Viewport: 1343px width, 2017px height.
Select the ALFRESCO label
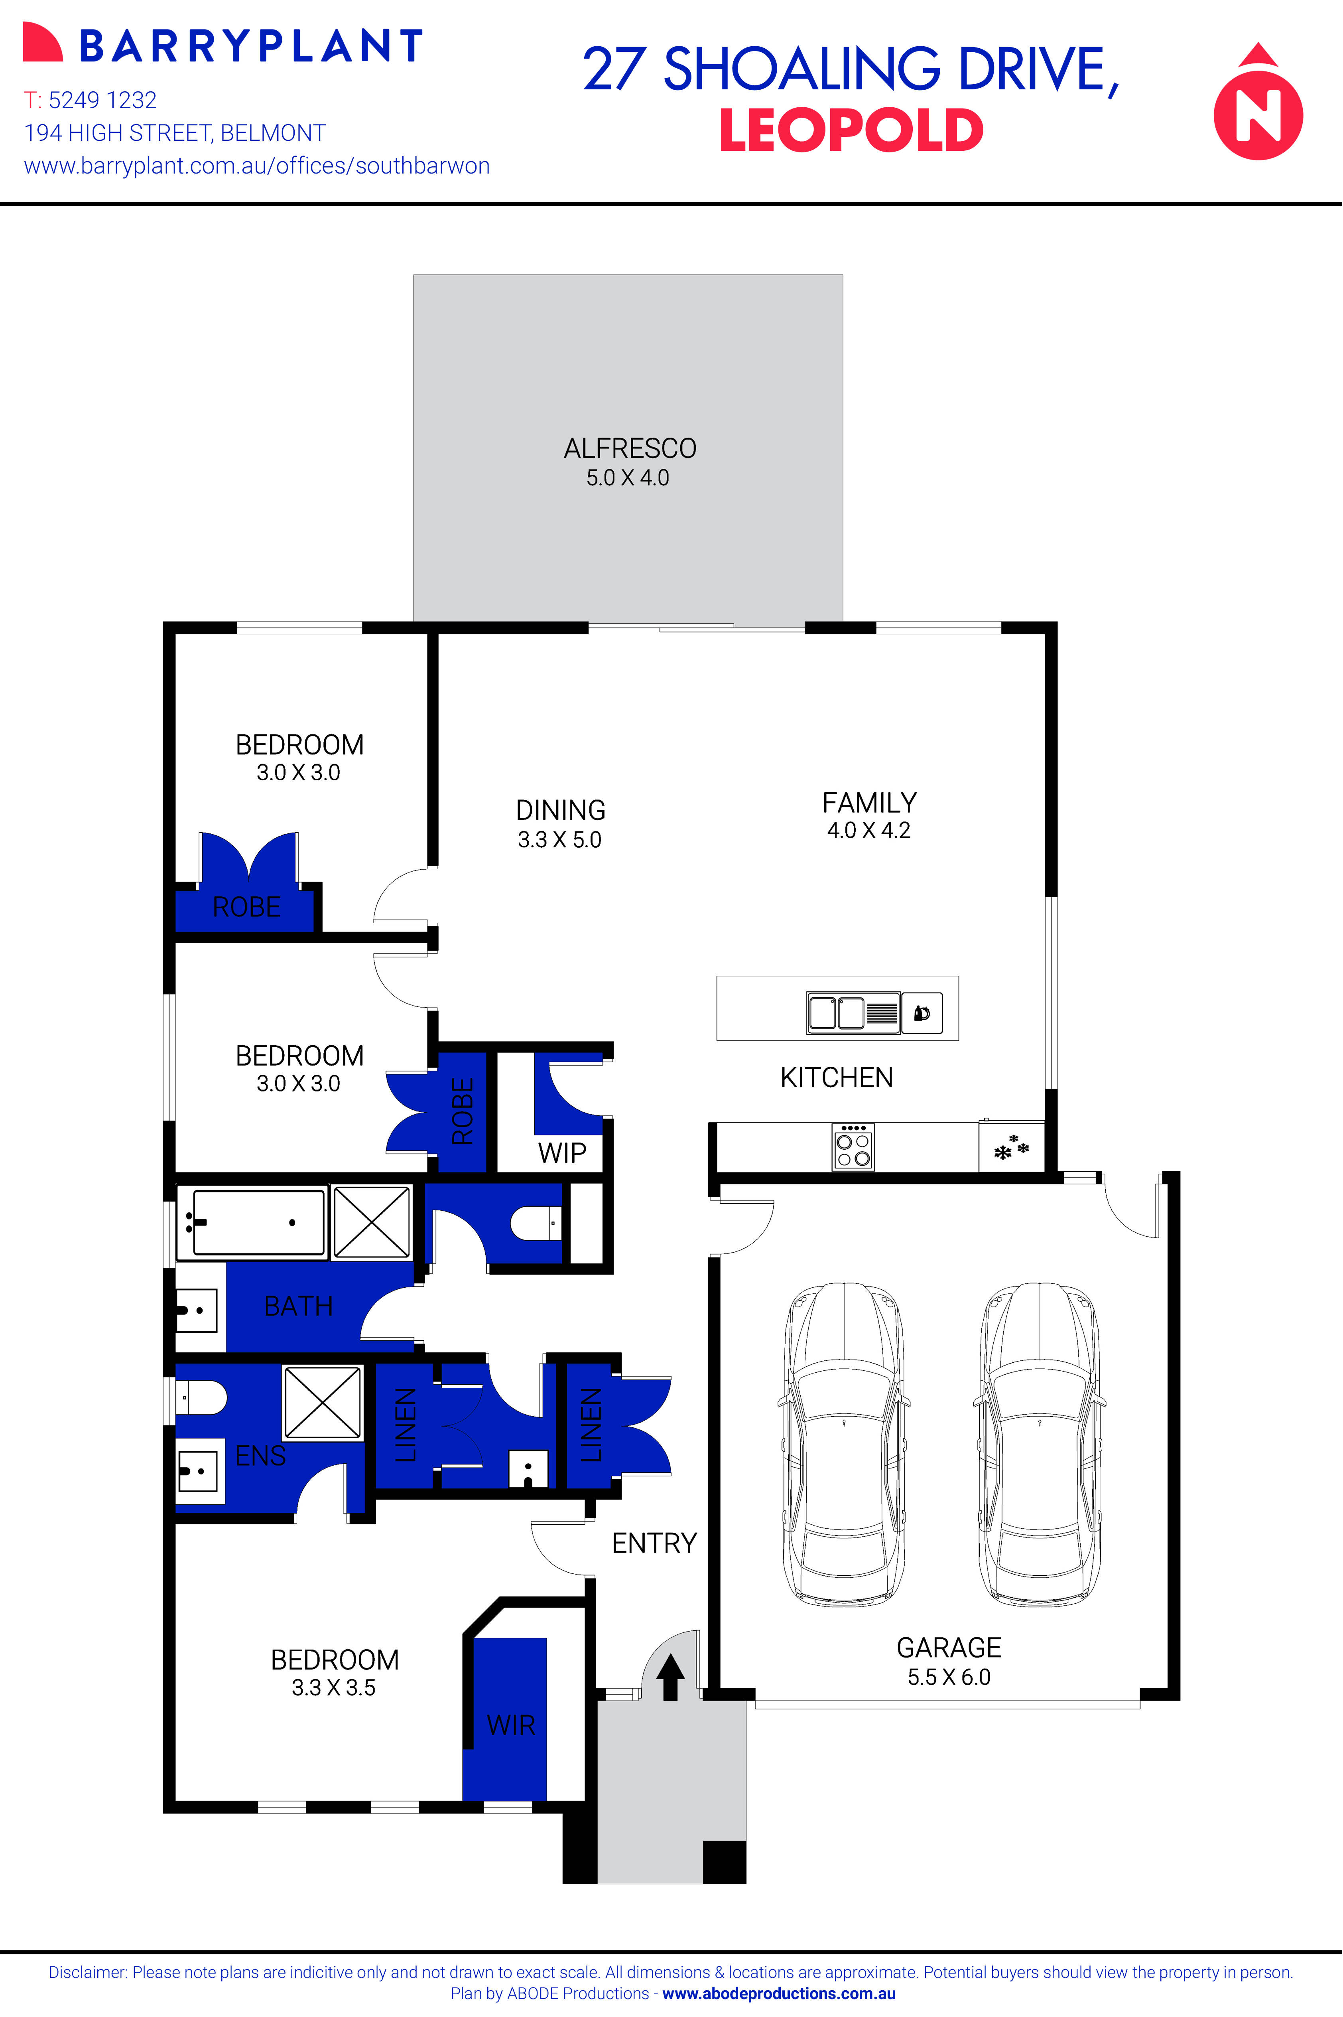click(x=630, y=448)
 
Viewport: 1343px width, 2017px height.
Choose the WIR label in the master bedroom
click(x=510, y=1725)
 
